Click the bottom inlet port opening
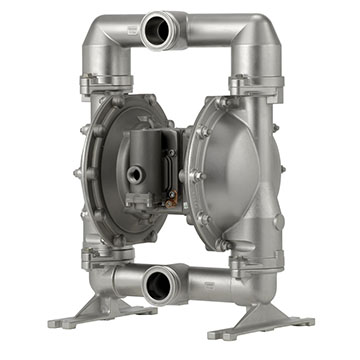(x=159, y=288)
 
